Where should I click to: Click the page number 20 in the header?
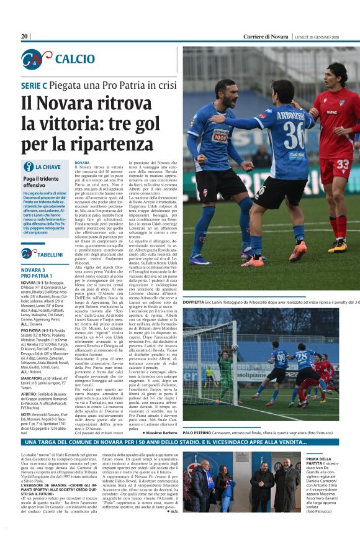(x=25, y=37)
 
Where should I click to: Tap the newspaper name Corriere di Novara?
(x=266, y=37)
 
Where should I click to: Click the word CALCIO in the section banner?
(x=74, y=59)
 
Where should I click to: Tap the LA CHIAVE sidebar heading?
(x=47, y=167)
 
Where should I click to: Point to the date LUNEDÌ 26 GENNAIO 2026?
(x=326, y=37)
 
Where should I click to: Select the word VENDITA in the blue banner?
(x=304, y=442)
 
